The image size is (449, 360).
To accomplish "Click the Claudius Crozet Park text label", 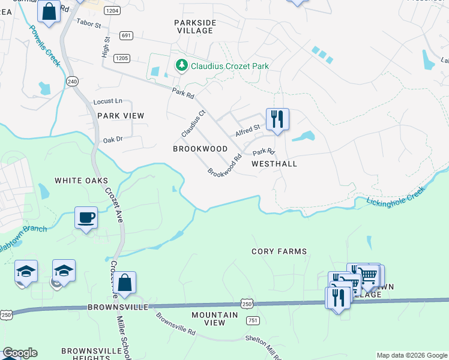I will coord(229,66).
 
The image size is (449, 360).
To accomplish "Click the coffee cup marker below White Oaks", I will coord(86,217).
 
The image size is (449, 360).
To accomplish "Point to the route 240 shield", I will coord(73,81).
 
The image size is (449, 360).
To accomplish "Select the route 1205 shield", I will coord(122,58).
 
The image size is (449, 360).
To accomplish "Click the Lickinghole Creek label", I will coord(396,197).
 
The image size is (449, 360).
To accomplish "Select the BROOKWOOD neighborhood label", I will coord(200,148).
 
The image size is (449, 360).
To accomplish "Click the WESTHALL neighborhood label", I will coord(274,163).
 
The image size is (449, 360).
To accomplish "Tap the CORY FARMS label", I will coord(279,251).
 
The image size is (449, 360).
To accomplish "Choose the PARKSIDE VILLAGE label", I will coord(194,28).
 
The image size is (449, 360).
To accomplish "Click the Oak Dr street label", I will coord(112,139).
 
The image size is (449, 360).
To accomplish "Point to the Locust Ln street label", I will coord(107,101).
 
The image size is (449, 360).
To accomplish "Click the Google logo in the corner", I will coord(20,353).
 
